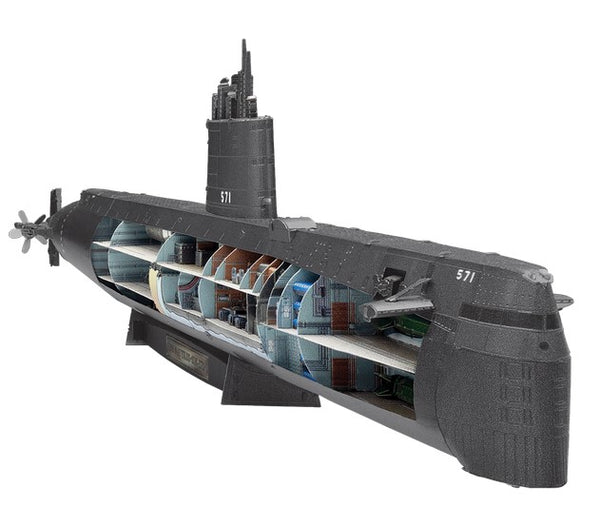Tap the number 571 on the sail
(225, 197)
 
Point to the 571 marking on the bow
(465, 275)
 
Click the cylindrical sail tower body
(240, 165)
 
